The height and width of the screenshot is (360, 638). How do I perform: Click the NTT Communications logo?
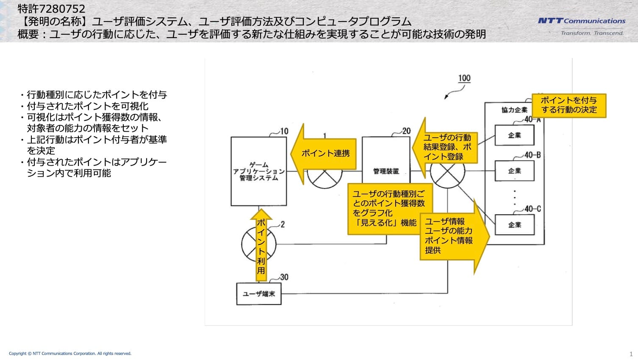tap(582, 21)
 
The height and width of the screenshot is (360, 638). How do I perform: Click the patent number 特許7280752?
tap(51, 9)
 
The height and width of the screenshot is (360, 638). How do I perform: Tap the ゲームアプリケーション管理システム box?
tap(258, 171)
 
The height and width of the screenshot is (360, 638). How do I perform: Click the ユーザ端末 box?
tap(258, 294)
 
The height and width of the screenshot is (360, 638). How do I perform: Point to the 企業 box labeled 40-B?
tap(514, 171)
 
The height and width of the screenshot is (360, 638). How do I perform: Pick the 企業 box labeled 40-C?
tap(514, 225)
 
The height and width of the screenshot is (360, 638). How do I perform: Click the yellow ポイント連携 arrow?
tap(323, 154)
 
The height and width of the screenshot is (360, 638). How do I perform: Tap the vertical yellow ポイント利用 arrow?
tap(261, 245)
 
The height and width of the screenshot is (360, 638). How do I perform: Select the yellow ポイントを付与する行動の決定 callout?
tap(569, 105)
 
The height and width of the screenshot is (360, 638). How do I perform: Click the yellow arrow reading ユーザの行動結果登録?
tap(445, 147)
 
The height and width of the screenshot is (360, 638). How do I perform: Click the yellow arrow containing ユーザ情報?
tap(455, 236)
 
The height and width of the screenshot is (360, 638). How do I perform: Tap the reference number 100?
tap(464, 78)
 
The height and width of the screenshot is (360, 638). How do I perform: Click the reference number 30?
tap(284, 277)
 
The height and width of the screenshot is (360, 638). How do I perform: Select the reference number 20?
tap(406, 131)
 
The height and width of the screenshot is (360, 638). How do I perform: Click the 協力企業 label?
tap(514, 110)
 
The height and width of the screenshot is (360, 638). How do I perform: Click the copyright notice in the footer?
tap(70, 354)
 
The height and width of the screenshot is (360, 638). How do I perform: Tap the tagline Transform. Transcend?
tap(592, 33)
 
